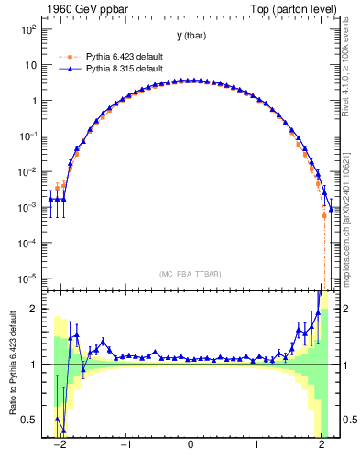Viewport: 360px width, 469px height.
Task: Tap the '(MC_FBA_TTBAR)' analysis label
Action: pyautogui.click(x=190, y=274)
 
